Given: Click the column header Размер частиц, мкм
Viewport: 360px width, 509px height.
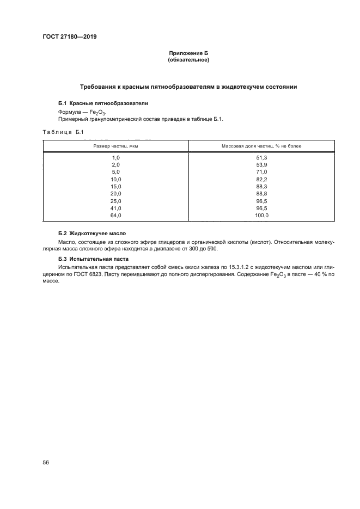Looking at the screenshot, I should pyautogui.click(x=115, y=146).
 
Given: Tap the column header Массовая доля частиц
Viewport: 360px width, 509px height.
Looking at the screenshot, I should pyautogui.click(x=261, y=146).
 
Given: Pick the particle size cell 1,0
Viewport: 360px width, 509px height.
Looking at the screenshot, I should pyautogui.click(x=115, y=157).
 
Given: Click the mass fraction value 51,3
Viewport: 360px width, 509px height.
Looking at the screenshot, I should pyautogui.click(x=261, y=157).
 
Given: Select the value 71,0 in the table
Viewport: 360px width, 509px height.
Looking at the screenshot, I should pyautogui.click(x=261, y=172).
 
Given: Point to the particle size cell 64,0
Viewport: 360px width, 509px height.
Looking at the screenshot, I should pyautogui.click(x=115, y=216).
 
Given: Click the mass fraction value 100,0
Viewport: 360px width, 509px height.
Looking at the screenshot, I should pyautogui.click(x=261, y=216).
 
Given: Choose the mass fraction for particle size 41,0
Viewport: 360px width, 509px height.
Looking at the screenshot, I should pyautogui.click(x=261, y=208).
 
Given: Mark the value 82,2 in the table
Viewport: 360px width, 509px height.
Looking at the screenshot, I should pyautogui.click(x=261, y=179).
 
